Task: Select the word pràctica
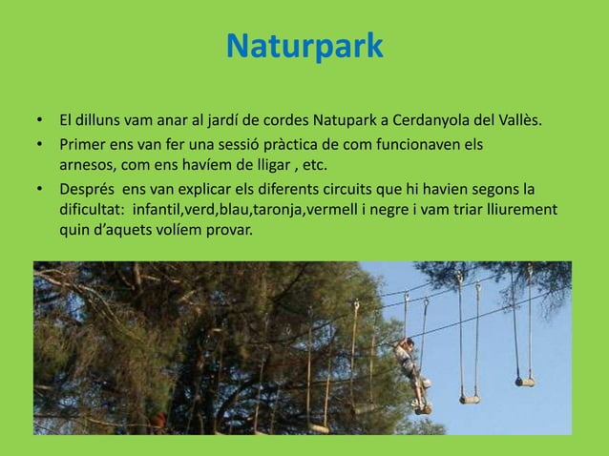tap(291, 146)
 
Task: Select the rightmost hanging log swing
tap(525, 382)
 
